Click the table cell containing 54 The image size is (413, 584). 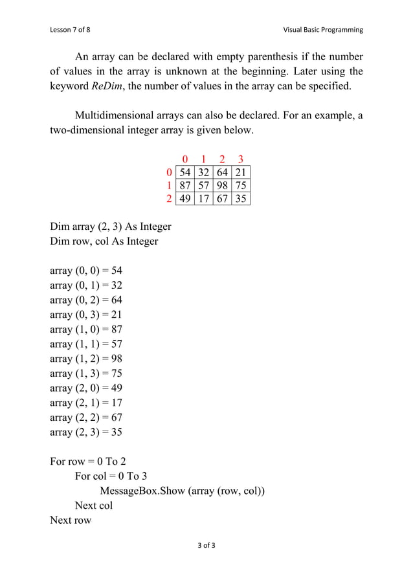185,172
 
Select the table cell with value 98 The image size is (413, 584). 222,185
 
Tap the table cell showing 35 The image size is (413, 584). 241,198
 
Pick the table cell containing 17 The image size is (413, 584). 203,198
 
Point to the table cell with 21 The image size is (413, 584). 241,172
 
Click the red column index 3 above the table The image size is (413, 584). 241,159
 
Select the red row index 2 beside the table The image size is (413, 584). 170,198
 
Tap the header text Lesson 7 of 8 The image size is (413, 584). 73,30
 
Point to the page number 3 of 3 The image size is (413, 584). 206,545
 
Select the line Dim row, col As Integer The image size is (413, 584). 104,241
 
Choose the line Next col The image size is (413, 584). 94,505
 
